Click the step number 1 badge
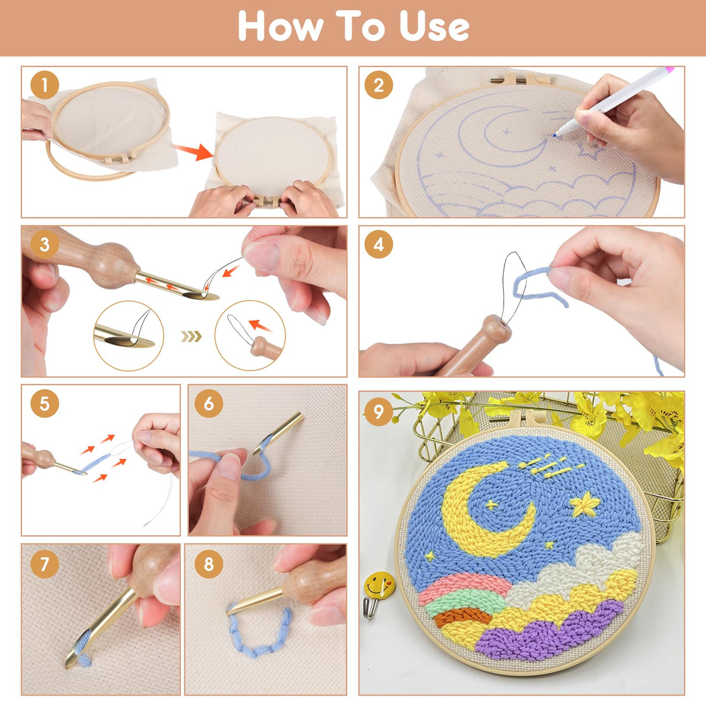point(45,85)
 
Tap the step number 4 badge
point(379,245)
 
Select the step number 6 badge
point(209,404)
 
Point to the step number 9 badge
point(378,411)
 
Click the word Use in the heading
point(434,26)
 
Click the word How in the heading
point(281,26)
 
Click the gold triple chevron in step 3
point(191,336)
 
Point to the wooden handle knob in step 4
point(495,329)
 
